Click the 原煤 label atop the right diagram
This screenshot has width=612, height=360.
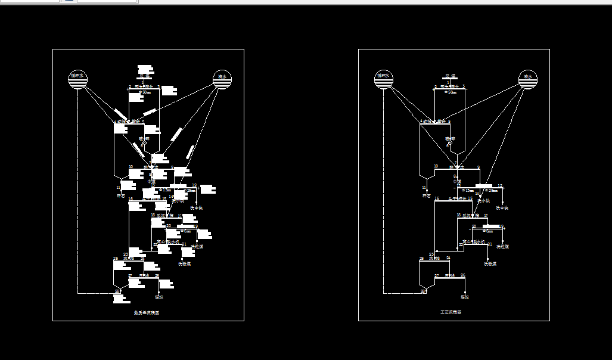point(449,76)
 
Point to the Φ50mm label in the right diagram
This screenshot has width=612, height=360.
point(451,92)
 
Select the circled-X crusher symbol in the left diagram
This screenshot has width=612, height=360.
point(144,143)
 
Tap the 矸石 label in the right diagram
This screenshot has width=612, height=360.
point(426,195)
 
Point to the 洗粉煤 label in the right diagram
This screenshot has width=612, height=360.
point(489,263)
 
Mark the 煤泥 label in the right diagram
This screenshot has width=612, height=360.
point(464,297)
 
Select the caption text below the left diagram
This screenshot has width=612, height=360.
point(147,312)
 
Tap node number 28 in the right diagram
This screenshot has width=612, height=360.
point(423,291)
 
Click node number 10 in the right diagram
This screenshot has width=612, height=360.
point(436,166)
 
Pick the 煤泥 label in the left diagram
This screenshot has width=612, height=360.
point(159,297)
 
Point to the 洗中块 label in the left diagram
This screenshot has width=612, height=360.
point(197,208)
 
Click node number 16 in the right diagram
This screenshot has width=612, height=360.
point(437,198)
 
